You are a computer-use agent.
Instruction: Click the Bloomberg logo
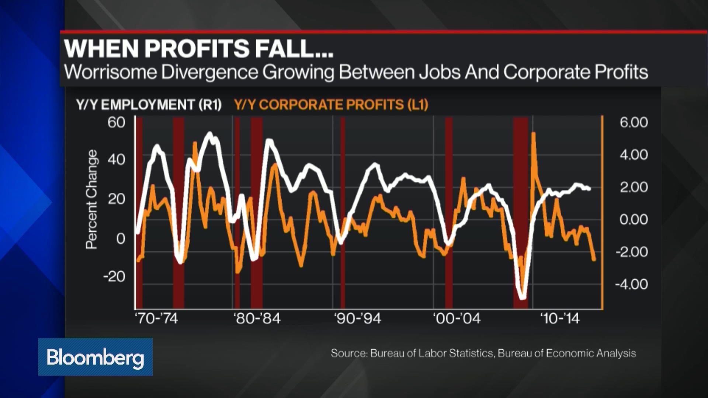point(95,357)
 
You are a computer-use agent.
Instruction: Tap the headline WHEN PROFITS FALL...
point(198,48)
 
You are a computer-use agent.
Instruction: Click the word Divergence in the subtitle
point(209,72)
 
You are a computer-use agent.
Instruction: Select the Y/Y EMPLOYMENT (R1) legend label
point(149,105)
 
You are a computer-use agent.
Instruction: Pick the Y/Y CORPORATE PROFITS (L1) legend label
point(331,105)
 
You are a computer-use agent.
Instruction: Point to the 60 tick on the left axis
point(116,122)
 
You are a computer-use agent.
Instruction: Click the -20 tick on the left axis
point(114,276)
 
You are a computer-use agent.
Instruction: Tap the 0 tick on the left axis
point(121,238)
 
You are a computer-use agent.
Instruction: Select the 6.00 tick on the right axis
point(633,122)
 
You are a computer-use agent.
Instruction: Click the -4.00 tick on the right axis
point(631,284)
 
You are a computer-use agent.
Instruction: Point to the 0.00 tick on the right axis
point(633,219)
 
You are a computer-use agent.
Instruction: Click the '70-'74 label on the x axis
point(156,318)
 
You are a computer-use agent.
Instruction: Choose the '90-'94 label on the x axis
point(357,318)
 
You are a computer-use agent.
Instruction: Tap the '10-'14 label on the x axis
point(559,318)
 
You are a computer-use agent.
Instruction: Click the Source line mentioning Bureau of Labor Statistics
point(483,353)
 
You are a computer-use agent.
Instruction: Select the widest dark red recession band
point(520,213)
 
